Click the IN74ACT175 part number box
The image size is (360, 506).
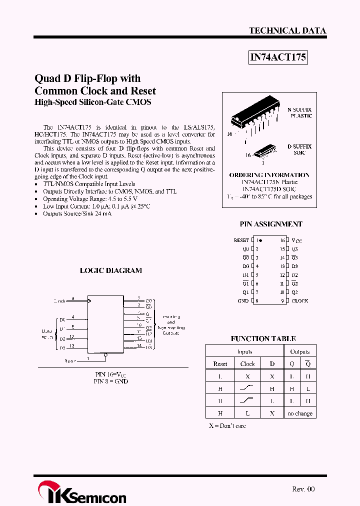278,57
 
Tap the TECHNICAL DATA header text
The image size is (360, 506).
287,30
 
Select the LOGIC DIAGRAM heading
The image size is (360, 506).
111,270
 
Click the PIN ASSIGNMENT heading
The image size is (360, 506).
271,224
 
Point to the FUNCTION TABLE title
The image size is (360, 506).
263,338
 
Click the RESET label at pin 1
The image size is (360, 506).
241,240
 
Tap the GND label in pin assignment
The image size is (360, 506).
243,300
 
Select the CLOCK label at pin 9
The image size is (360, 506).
300,300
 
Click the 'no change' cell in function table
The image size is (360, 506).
300,413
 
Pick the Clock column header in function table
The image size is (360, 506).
247,364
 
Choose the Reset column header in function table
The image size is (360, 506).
220,364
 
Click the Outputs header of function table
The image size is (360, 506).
300,351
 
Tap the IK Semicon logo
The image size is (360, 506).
82,492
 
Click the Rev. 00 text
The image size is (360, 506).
303,489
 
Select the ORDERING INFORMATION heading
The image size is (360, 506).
269,175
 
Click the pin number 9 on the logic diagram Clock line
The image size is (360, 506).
72,298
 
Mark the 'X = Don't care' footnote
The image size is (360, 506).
227,426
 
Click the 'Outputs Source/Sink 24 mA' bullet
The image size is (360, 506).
77,213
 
